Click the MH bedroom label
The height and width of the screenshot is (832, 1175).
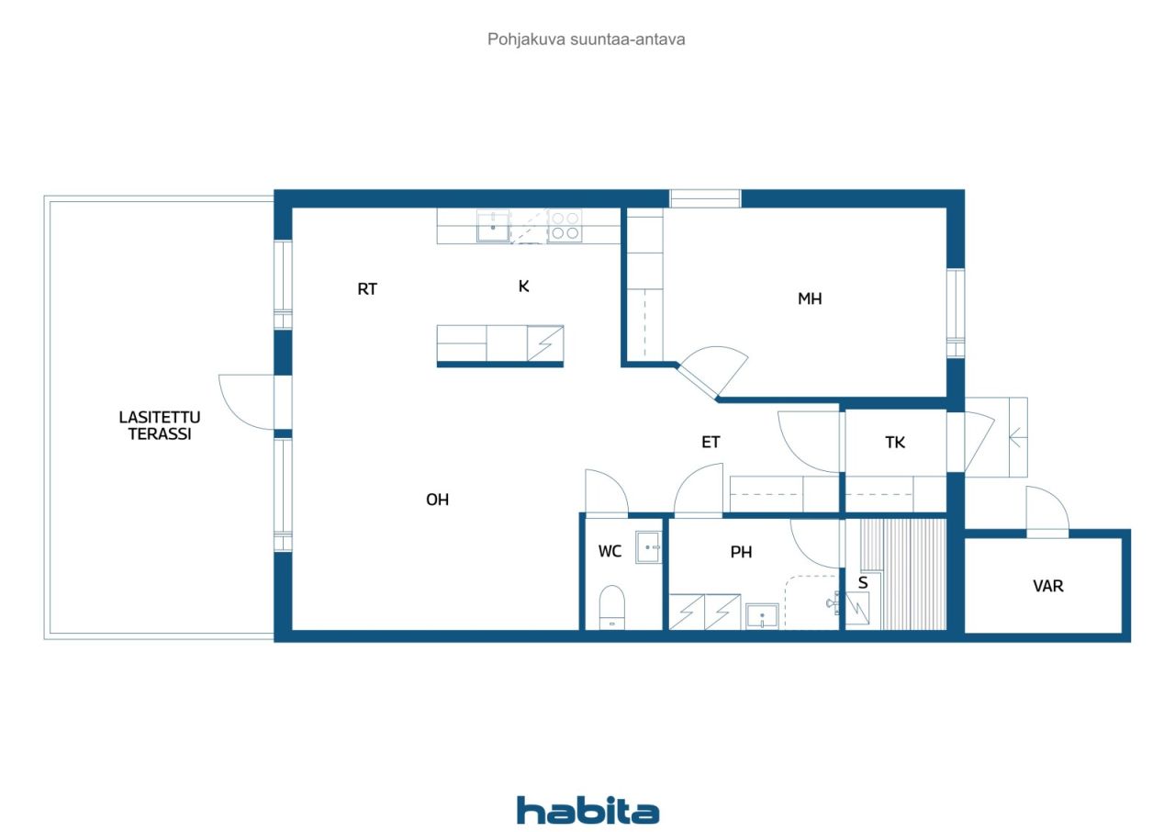[x=810, y=299]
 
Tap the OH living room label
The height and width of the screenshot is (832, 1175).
[x=437, y=500]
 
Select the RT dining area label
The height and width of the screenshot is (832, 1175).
[x=367, y=289]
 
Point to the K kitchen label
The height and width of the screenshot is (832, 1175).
[x=523, y=287]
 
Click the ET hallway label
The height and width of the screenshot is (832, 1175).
[x=711, y=443]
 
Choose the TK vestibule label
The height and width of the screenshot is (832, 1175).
[x=895, y=443]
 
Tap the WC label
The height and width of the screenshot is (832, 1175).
[x=610, y=551]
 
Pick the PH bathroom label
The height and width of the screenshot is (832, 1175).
[x=741, y=552]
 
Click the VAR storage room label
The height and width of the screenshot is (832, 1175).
[x=1048, y=586]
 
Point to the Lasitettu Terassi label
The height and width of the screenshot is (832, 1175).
[x=160, y=425]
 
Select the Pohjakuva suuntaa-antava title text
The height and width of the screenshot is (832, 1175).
[x=586, y=39]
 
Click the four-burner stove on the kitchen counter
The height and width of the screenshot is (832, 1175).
[x=565, y=226]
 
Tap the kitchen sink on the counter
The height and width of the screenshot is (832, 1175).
[x=493, y=226]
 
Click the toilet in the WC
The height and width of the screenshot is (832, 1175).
[x=611, y=606]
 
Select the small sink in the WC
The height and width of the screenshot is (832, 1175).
[x=648, y=547]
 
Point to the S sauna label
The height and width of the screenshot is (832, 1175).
[x=863, y=583]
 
